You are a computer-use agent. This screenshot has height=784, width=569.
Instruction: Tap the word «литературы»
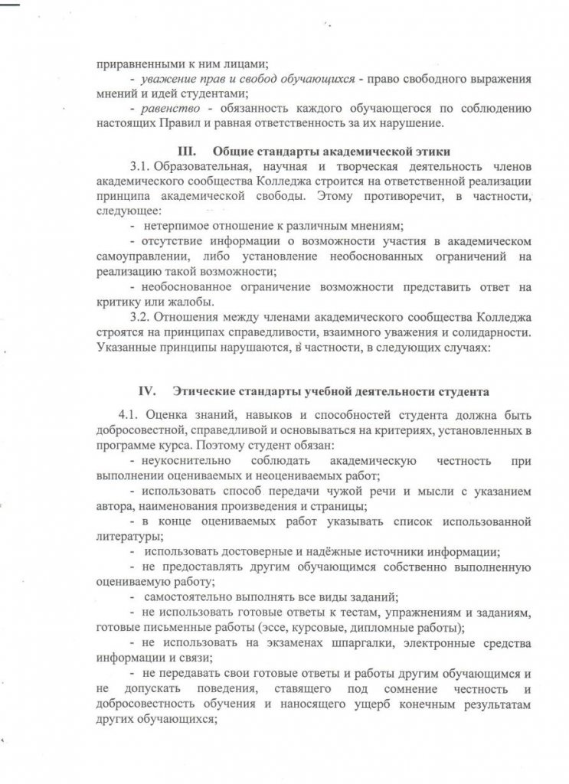pyautogui.click(x=127, y=536)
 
